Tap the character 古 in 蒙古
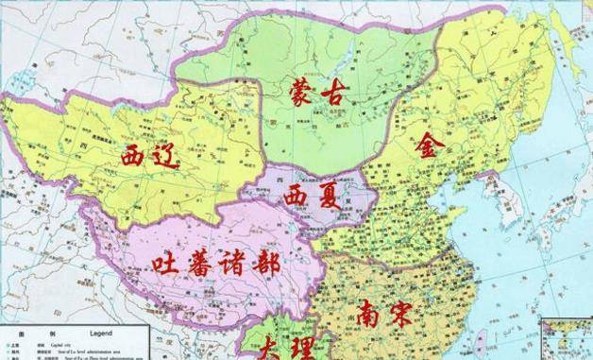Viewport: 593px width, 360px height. click(335, 93)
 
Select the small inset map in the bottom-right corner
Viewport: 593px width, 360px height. click(567, 340)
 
